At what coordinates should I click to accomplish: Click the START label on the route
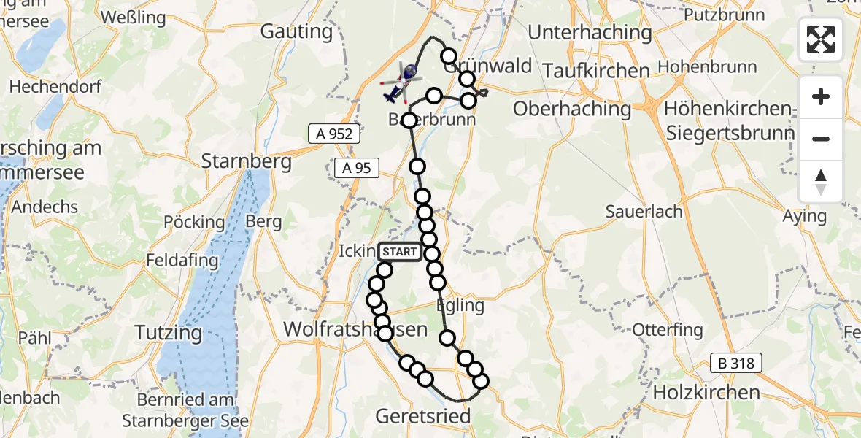coord(400,253)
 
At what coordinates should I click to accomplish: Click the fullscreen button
coord(821,39)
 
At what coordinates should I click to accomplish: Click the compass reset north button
coord(821,182)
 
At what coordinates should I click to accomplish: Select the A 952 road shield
coord(334,134)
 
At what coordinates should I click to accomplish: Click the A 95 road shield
coord(357,168)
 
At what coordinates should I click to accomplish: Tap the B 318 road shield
coord(738,363)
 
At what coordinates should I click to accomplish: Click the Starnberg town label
coord(247,161)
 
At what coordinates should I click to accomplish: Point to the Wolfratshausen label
coord(355,329)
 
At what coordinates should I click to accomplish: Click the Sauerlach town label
coord(644,212)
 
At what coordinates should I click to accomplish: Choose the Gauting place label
coord(296,32)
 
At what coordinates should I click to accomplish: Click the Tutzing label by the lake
coord(169,333)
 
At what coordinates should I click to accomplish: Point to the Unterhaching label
coord(590,32)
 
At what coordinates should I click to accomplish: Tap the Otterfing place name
coord(667,329)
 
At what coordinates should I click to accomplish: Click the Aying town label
coord(804,215)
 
